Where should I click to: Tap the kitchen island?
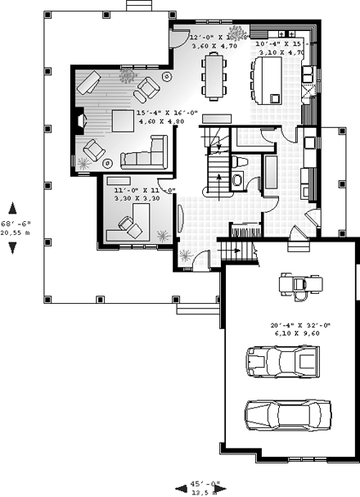269,78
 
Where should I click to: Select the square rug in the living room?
123,121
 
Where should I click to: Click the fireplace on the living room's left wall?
79,121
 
